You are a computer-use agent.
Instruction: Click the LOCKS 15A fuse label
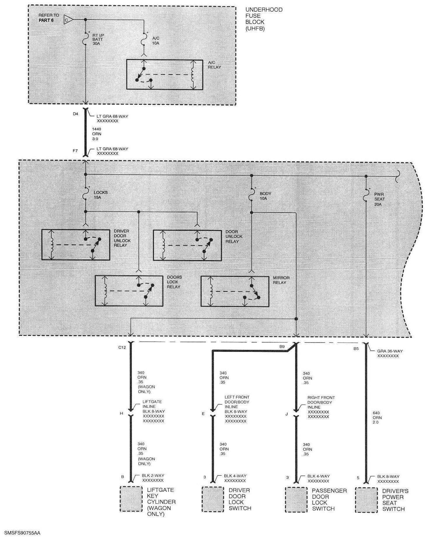[x=101, y=195]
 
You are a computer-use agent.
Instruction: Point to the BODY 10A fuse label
[x=266, y=196]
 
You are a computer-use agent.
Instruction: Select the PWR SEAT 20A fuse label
[x=380, y=199]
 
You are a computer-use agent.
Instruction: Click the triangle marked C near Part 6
[x=68, y=20]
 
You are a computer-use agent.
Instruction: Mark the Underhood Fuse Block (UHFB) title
[x=264, y=19]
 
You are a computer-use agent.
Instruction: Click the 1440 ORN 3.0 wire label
[x=97, y=134]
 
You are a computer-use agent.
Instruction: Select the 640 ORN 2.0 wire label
[x=377, y=417]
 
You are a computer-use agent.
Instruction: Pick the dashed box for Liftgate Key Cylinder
[x=131, y=499]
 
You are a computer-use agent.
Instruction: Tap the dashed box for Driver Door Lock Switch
[x=213, y=499]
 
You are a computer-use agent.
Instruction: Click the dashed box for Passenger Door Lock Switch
[x=296, y=500]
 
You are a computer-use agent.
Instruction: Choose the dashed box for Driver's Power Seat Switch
[x=367, y=500]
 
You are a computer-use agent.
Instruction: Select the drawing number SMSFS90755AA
[x=22, y=534]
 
